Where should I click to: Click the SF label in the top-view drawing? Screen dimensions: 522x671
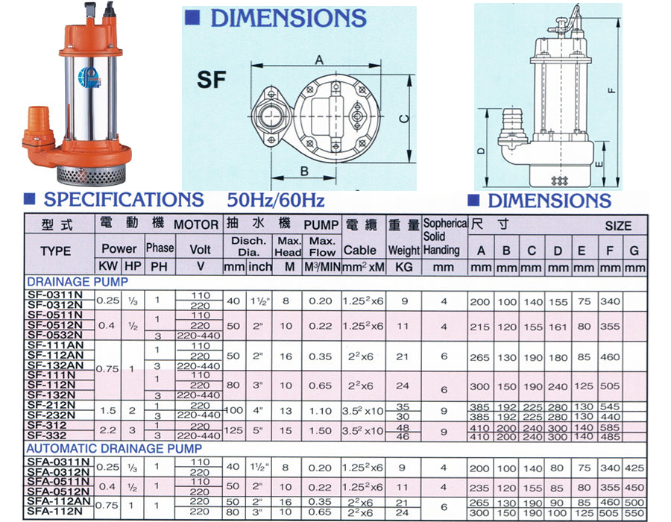pyautogui.click(x=211, y=80)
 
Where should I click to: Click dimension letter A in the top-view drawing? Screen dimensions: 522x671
pyautogui.click(x=319, y=59)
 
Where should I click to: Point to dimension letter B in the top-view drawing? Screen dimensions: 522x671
pyautogui.click(x=303, y=170)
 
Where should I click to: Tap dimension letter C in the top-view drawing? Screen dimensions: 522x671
pyautogui.click(x=401, y=118)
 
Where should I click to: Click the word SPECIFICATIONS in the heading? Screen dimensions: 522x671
pyautogui.click(x=123, y=200)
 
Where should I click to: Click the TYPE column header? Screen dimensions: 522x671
pyautogui.click(x=55, y=251)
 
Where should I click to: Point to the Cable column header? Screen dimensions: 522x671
pyautogui.click(x=360, y=251)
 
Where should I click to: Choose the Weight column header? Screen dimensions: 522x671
pyautogui.click(x=403, y=251)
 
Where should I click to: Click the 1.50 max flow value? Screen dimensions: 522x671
pyautogui.click(x=321, y=430)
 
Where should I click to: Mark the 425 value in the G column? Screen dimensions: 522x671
pyautogui.click(x=635, y=468)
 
